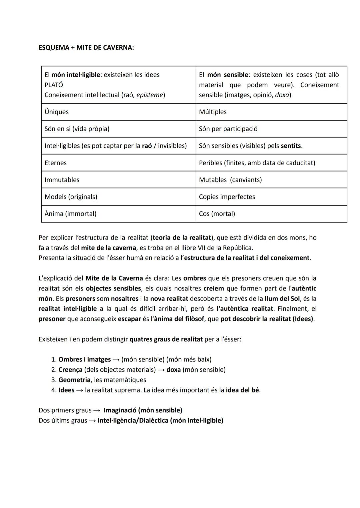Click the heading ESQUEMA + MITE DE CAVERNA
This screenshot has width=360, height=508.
point(86,48)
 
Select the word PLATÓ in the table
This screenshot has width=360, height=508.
point(54,85)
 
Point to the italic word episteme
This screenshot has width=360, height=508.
point(150,95)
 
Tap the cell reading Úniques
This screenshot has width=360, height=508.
point(57,112)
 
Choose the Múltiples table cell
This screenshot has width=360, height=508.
point(213,112)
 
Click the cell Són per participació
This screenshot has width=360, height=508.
point(228,129)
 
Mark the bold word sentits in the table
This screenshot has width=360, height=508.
point(291,146)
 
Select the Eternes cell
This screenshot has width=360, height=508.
point(56,163)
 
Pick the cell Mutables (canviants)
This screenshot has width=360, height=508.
point(230,180)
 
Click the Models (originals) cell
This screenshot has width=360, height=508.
point(71,197)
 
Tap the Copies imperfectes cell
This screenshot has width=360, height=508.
point(227,197)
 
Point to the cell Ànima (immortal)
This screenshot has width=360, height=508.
point(70,214)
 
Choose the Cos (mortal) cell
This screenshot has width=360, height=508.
point(217,214)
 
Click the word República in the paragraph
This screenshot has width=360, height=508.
point(237,248)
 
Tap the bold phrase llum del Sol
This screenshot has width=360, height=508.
point(282,299)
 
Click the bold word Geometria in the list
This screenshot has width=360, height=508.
point(74,380)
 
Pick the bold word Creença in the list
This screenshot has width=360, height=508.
point(70,370)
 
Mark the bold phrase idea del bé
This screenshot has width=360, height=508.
point(242,390)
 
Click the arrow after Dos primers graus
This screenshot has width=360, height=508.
point(97,410)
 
